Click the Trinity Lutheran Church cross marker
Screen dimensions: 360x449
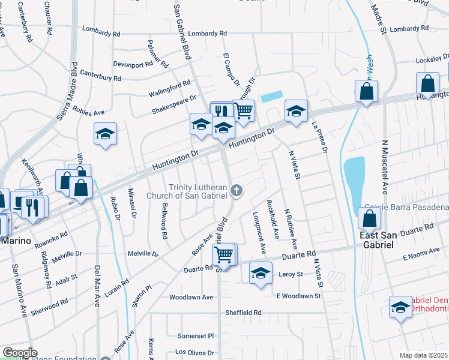click(237, 191)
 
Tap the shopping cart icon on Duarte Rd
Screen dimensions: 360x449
click(224, 254)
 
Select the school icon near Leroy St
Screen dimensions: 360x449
click(260, 273)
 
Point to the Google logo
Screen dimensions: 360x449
click(20, 353)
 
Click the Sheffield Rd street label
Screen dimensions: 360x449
click(244, 313)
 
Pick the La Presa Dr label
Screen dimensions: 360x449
click(318, 137)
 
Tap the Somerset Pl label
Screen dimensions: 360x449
click(196, 336)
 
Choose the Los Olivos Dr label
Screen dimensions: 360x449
click(192, 352)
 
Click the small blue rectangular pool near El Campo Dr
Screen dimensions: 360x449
click(272, 96)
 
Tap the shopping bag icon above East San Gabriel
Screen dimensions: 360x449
click(370, 219)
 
